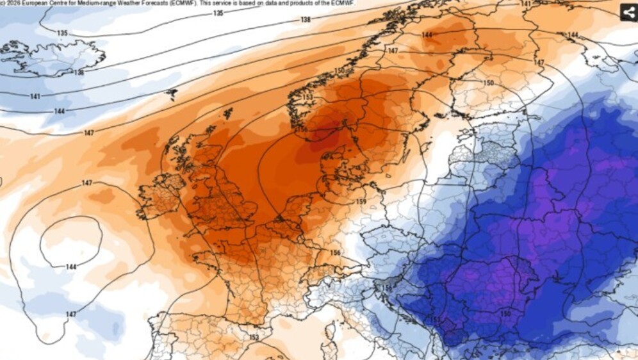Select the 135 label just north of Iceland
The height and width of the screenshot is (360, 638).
pos(62,33)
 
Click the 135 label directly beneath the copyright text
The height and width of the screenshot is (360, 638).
pos(218,13)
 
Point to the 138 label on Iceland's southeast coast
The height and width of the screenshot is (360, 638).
pos(79,72)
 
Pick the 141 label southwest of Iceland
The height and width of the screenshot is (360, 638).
pos(36,96)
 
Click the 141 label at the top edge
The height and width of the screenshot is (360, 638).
pos(525,3)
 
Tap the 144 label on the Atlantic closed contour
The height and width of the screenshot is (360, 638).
pos(72,266)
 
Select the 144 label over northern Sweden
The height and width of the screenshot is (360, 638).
pos(427,35)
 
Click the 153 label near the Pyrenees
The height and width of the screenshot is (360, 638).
pos(254,337)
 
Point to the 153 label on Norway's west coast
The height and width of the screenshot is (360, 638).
pos(307,97)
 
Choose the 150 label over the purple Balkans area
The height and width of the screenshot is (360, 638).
pos(505,313)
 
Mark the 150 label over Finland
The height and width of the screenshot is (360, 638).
pos(488,83)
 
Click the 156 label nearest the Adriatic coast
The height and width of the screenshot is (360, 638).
pos(386,288)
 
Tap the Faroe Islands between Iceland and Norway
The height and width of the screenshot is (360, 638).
pos(171,95)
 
